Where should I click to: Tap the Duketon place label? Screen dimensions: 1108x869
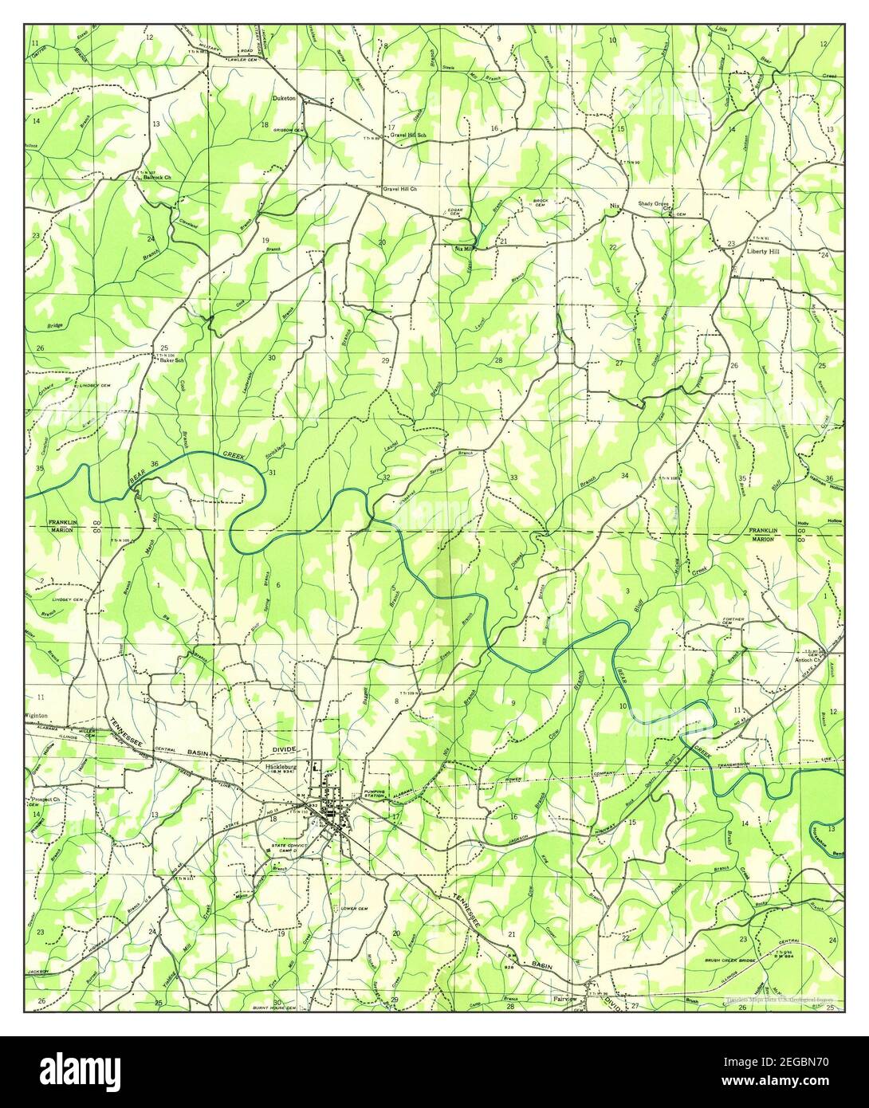pos(284,98)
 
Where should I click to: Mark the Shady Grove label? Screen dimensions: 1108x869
pos(653,204)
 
